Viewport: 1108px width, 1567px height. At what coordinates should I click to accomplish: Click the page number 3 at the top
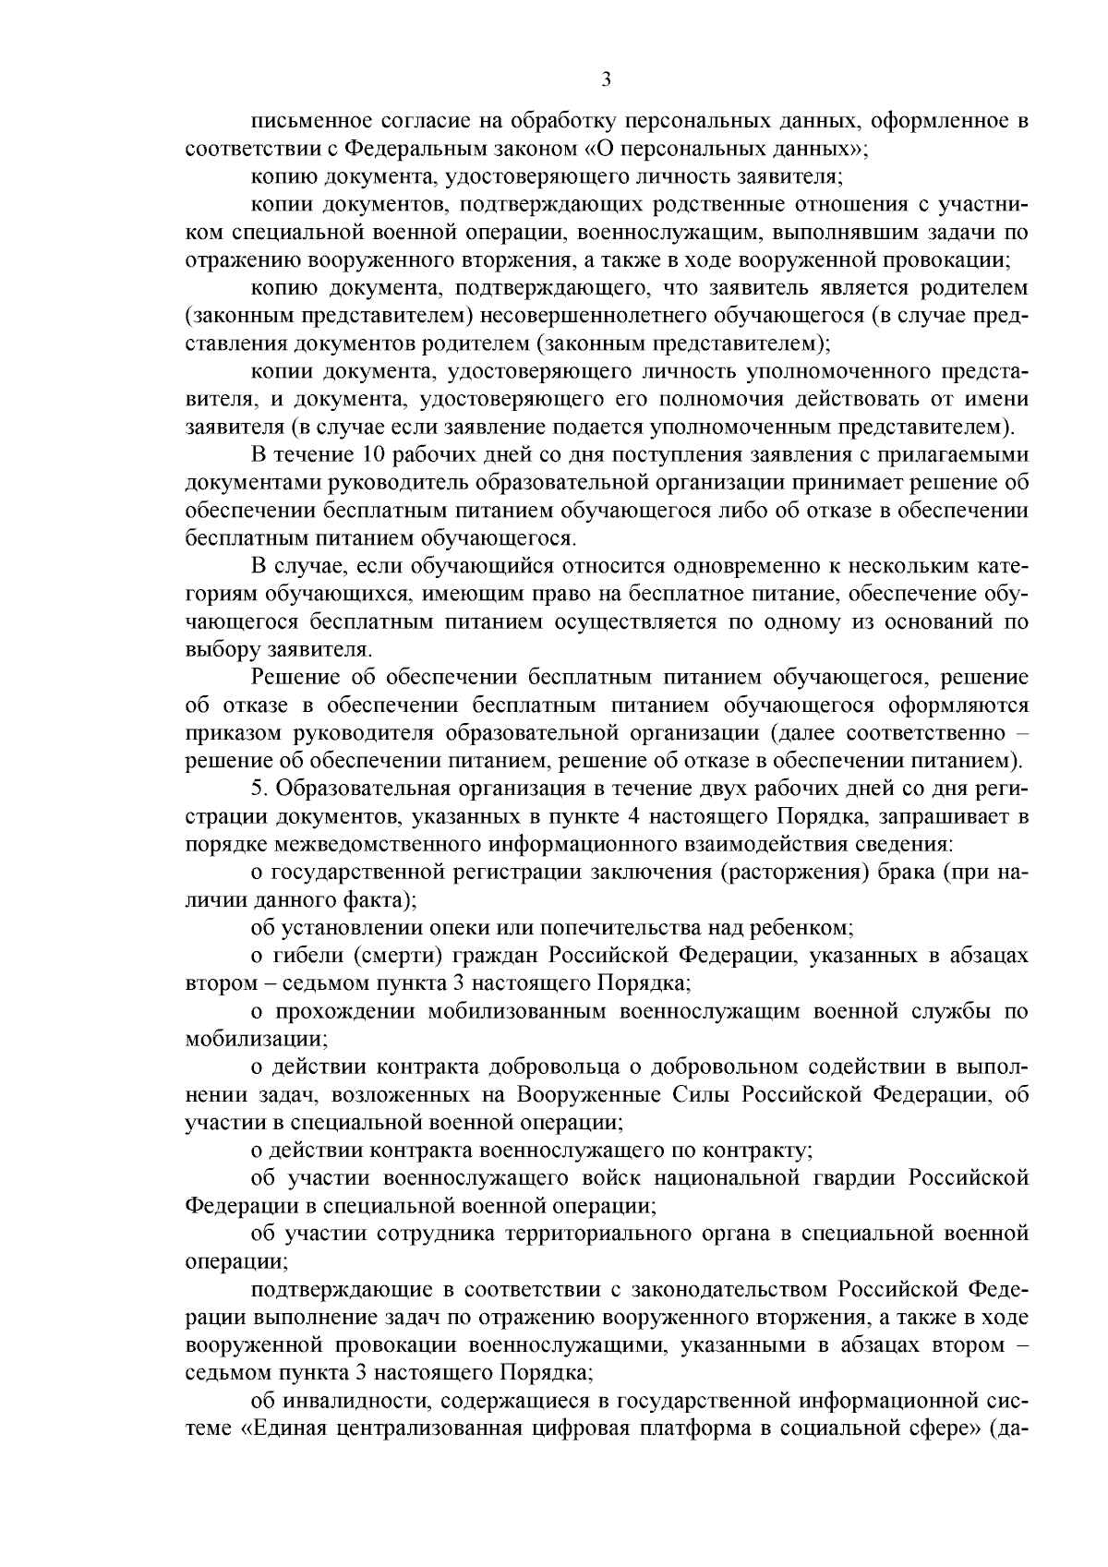click(x=606, y=80)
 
